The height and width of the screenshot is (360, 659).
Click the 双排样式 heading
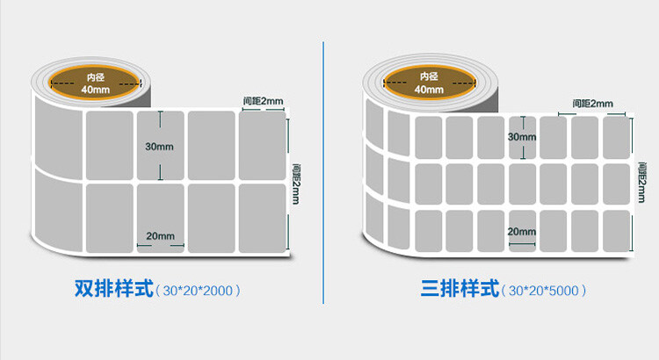point(114,289)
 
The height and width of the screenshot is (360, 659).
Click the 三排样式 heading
point(460,289)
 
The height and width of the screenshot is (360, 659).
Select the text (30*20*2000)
point(198,291)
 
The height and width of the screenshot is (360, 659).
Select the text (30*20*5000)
point(544,291)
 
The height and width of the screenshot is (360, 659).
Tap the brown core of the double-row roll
point(95,83)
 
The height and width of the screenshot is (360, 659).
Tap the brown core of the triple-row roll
point(429,83)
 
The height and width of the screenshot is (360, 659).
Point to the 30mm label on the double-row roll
point(159,147)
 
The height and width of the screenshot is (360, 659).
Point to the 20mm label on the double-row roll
point(160,236)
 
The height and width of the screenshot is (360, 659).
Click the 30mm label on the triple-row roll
point(522,137)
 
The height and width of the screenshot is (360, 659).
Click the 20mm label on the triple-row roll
point(522,232)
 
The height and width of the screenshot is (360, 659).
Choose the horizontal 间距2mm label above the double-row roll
point(263,101)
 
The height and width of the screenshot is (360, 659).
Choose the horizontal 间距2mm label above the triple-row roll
point(592,104)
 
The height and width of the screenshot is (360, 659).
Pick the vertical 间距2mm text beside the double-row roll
point(296,184)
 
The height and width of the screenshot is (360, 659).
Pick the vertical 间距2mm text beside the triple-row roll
point(641,183)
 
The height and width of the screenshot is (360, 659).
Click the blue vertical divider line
point(323,173)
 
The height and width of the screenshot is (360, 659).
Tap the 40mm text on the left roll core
point(96,90)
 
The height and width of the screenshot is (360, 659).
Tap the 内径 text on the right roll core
point(429,76)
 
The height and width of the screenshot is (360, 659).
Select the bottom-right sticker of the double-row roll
point(263,219)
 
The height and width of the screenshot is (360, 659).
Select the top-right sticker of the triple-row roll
point(617,138)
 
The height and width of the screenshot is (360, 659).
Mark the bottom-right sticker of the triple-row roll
point(617,231)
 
